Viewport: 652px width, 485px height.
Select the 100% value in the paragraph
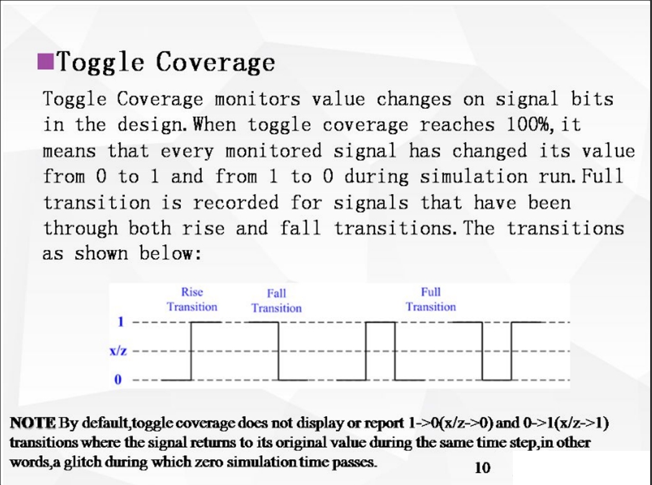click(531, 125)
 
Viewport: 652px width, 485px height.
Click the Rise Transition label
click(192, 299)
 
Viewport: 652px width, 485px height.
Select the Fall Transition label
click(276, 300)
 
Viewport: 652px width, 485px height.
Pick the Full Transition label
click(430, 299)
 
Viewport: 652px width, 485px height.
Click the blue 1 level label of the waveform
click(122, 322)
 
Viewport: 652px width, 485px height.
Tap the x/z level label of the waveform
click(119, 351)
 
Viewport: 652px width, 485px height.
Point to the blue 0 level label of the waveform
click(117, 379)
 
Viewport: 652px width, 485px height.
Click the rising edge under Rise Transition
click(191, 351)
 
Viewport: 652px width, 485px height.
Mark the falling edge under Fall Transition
click(278, 351)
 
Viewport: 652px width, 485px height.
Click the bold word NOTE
click(32, 423)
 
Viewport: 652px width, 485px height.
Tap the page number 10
click(482, 467)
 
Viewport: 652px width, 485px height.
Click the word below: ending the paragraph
click(168, 254)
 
